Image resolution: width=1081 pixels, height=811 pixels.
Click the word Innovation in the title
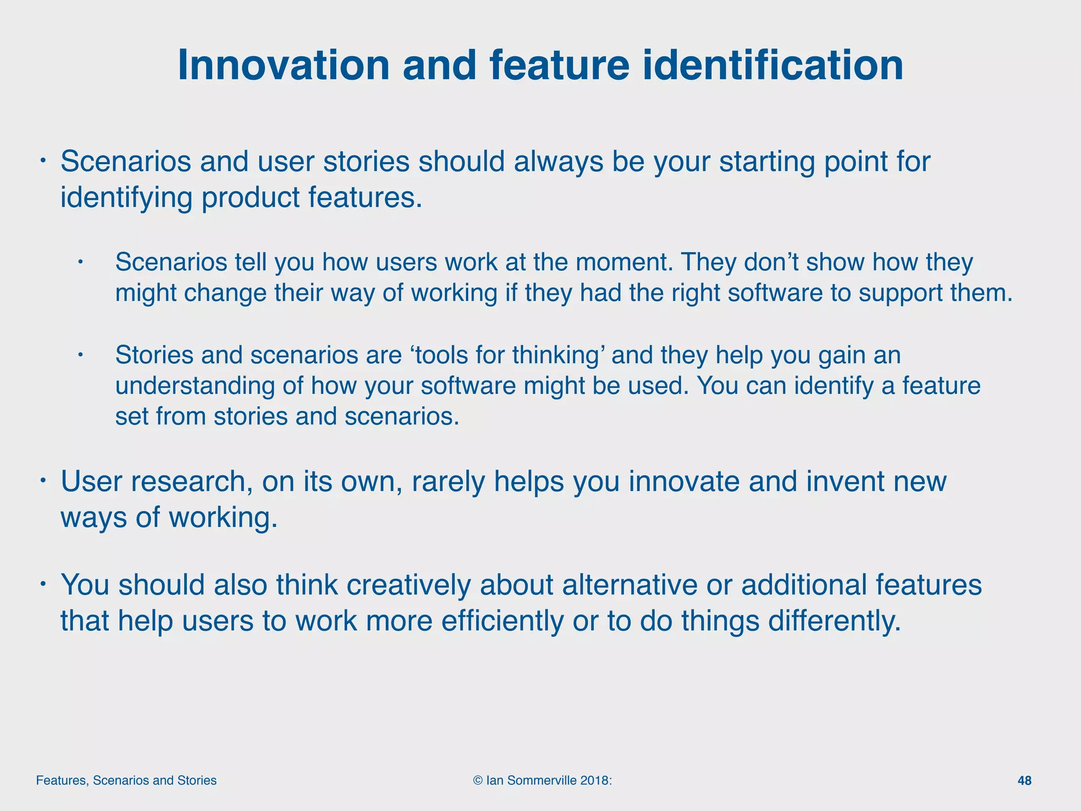pyautogui.click(x=284, y=65)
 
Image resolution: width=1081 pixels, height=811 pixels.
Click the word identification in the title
pyautogui.click(x=772, y=65)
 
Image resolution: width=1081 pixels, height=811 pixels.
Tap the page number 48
pyautogui.click(x=1024, y=780)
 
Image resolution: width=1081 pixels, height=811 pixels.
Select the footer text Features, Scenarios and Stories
pyautogui.click(x=126, y=780)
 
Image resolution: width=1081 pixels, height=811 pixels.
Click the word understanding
pyautogui.click(x=195, y=386)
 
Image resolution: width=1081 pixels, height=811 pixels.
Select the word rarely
pyautogui.click(x=448, y=482)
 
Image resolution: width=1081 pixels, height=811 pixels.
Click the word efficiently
pyautogui.click(x=502, y=620)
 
